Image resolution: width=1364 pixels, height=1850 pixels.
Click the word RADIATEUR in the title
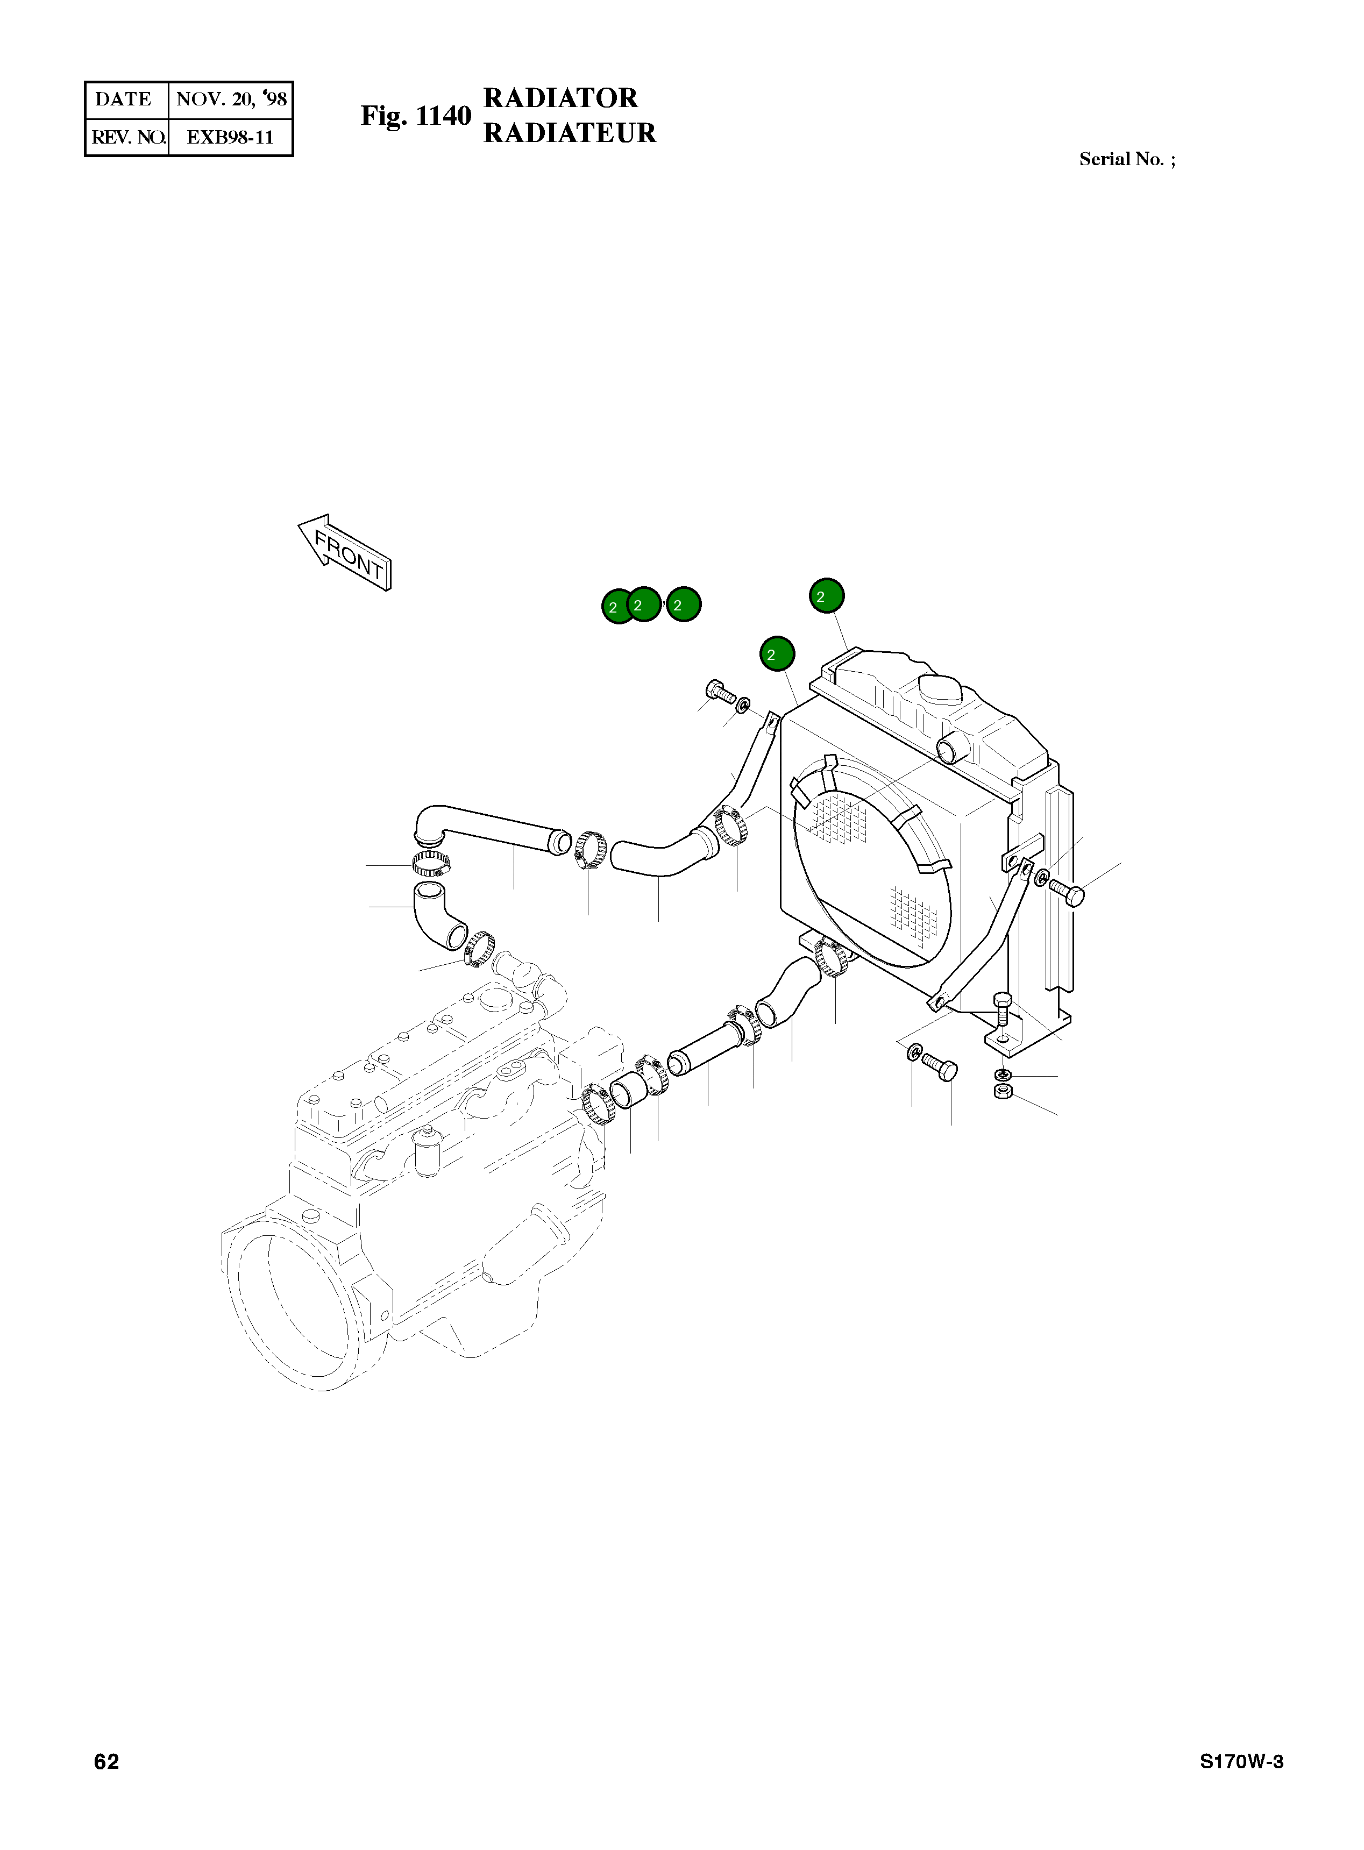[x=569, y=133]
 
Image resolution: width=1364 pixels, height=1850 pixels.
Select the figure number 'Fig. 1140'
[x=415, y=116]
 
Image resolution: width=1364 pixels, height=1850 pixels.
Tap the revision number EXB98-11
[x=230, y=137]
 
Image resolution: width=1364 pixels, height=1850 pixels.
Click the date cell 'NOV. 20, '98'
[x=230, y=99]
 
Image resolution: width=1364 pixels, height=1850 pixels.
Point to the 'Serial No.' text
[x=1126, y=159]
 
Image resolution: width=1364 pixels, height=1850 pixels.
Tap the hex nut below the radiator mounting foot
[x=1003, y=1093]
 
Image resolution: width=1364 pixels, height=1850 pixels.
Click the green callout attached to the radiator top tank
[x=827, y=595]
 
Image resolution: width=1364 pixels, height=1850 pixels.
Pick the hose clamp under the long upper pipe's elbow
[x=432, y=864]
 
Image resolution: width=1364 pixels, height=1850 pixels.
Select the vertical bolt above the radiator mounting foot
[x=1001, y=1015]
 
